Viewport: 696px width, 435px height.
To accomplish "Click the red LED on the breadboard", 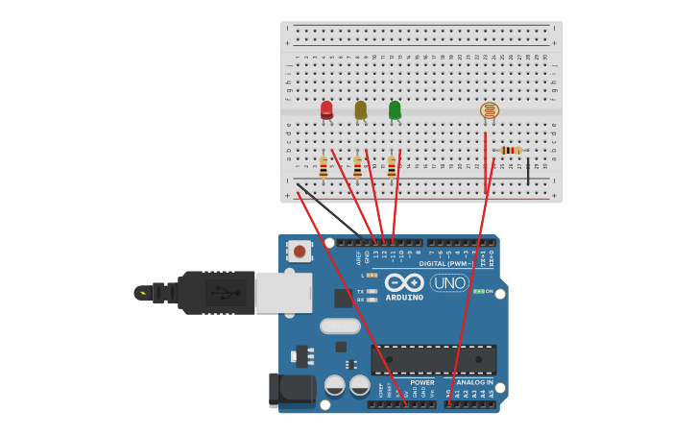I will (x=326, y=110).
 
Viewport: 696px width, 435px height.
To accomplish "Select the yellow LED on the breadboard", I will (x=360, y=110).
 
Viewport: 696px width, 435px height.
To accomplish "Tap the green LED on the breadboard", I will (x=395, y=110).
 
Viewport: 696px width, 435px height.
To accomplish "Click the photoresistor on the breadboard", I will (x=490, y=110).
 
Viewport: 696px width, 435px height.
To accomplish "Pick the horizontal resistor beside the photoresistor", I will (x=510, y=150).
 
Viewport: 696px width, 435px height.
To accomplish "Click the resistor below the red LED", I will (x=324, y=168).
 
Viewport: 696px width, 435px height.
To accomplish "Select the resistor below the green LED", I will (x=392, y=168).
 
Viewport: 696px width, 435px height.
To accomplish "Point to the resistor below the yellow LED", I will (x=357, y=168).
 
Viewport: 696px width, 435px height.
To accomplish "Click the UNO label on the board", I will (x=448, y=283).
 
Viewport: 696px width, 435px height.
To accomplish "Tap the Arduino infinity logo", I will (x=404, y=282).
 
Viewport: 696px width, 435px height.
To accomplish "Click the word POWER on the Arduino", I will (x=422, y=382).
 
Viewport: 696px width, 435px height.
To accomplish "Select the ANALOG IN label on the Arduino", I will (x=474, y=382).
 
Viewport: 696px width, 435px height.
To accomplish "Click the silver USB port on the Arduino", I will (x=283, y=292).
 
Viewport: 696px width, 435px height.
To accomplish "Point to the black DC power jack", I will (x=291, y=389).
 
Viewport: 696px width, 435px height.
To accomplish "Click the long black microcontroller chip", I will (x=434, y=359).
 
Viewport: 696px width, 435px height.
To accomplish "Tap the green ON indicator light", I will (x=478, y=291).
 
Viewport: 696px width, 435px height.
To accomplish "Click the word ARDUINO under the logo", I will (x=404, y=298).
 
